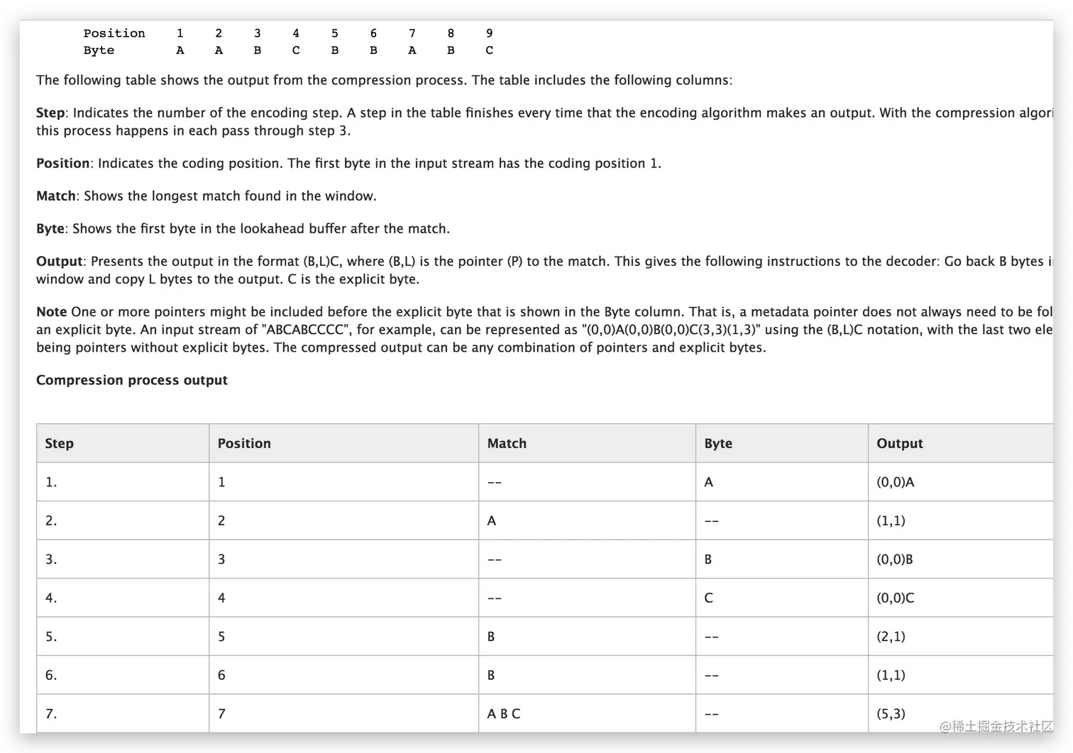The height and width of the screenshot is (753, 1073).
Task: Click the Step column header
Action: pyautogui.click(x=59, y=443)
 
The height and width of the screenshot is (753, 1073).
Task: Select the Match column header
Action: pyautogui.click(x=507, y=443)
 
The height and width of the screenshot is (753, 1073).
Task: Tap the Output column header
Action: pyautogui.click(x=899, y=443)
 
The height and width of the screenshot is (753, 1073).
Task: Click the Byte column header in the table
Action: pyautogui.click(x=717, y=443)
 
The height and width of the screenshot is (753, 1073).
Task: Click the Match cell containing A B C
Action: pyautogui.click(x=503, y=713)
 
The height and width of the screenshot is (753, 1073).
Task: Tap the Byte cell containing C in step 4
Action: pyautogui.click(x=708, y=598)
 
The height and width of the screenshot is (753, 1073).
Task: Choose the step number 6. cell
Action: pyautogui.click(x=51, y=675)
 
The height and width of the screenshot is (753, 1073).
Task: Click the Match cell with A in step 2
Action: pyautogui.click(x=491, y=520)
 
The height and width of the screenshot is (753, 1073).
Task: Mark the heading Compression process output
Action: pyautogui.click(x=132, y=380)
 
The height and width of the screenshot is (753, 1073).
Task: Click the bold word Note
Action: pyautogui.click(x=51, y=312)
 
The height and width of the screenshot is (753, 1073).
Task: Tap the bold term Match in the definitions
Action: pyautogui.click(x=55, y=196)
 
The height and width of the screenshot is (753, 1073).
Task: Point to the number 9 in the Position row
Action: pyautogui.click(x=489, y=33)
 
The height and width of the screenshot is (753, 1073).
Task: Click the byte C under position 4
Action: pyautogui.click(x=296, y=50)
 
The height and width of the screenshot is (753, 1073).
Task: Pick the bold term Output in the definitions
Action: pyautogui.click(x=59, y=261)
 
